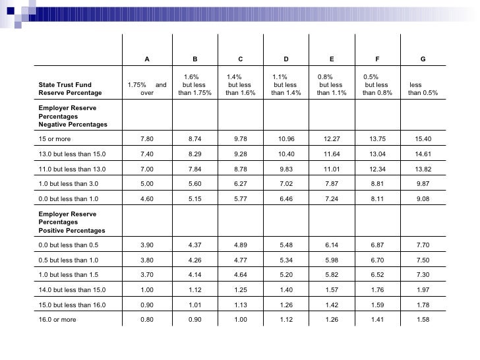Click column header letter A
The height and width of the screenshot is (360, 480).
click(x=146, y=60)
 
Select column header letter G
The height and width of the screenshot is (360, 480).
click(x=423, y=60)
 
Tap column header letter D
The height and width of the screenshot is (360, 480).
click(x=286, y=60)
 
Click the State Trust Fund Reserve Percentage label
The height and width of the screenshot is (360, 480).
click(x=71, y=89)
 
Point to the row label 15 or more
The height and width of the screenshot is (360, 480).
click(x=55, y=139)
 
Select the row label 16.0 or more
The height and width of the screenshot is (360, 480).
click(x=57, y=320)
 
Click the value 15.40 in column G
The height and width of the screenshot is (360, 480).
click(x=423, y=139)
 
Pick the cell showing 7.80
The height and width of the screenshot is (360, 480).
click(x=147, y=139)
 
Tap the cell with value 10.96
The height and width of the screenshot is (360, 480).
click(x=286, y=139)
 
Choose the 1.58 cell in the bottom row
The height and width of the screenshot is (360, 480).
click(x=423, y=320)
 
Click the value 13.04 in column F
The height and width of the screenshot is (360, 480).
click(x=377, y=154)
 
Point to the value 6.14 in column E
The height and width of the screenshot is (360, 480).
click(x=332, y=245)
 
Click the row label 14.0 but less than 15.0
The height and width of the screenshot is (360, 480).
click(x=72, y=290)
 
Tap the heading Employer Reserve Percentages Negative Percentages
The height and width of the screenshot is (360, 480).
click(x=73, y=115)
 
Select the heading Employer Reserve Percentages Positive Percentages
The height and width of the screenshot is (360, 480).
click(x=72, y=222)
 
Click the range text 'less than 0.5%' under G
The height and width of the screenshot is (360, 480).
click(x=423, y=89)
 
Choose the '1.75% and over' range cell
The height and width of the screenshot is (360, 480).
click(x=146, y=89)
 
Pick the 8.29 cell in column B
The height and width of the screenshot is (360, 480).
click(x=195, y=154)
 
